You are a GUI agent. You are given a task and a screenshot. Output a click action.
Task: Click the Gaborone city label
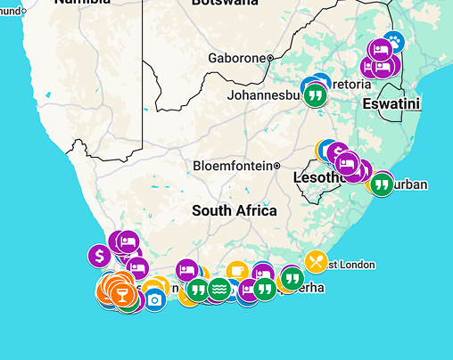click(236, 58)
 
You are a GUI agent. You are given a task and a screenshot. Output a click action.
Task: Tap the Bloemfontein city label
click(232, 166)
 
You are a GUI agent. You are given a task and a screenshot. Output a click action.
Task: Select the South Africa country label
click(234, 211)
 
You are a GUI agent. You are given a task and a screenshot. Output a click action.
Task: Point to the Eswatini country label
click(391, 104)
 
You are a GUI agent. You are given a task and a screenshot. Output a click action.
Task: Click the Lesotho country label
click(317, 178)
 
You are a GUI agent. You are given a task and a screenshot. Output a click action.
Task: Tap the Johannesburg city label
click(266, 94)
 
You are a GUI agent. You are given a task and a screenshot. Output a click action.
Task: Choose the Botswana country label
click(225, 4)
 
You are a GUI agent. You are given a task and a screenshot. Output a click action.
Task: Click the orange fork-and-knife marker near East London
click(316, 261)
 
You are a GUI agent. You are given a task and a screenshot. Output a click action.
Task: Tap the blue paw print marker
click(394, 41)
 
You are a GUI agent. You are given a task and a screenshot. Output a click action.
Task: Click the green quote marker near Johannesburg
click(314, 94)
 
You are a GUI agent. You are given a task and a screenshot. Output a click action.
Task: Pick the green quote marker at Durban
click(382, 184)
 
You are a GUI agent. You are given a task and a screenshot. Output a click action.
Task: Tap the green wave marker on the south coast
click(218, 290)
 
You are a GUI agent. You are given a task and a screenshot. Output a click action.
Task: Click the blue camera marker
click(155, 299)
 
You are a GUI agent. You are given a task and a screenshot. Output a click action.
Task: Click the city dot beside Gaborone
click(269, 58)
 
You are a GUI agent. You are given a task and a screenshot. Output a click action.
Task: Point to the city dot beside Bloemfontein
click(277, 166)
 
